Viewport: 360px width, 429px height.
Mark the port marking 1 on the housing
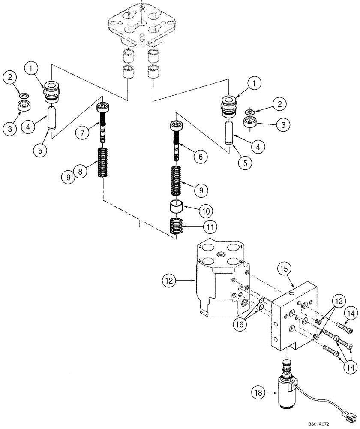(242, 248)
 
